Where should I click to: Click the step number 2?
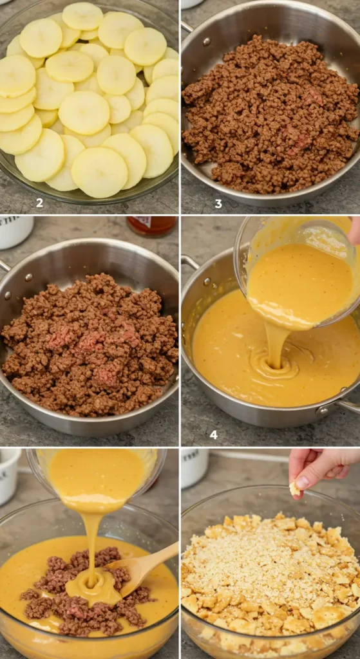(39, 203)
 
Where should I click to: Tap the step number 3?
(218, 204)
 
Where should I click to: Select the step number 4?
(214, 435)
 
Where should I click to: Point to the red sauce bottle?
(152, 226)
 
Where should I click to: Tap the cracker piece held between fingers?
(295, 488)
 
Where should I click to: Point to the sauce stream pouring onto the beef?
(91, 546)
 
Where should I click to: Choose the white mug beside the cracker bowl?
(194, 467)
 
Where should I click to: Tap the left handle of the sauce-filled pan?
(189, 262)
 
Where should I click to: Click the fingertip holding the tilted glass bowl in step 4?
(354, 230)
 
